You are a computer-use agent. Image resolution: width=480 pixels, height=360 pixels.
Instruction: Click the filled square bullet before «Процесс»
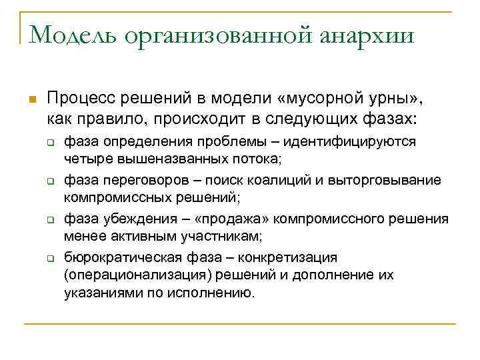pyautogui.click(x=29, y=100)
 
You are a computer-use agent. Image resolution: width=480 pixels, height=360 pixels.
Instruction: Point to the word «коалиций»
pyautogui.click(x=289, y=180)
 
